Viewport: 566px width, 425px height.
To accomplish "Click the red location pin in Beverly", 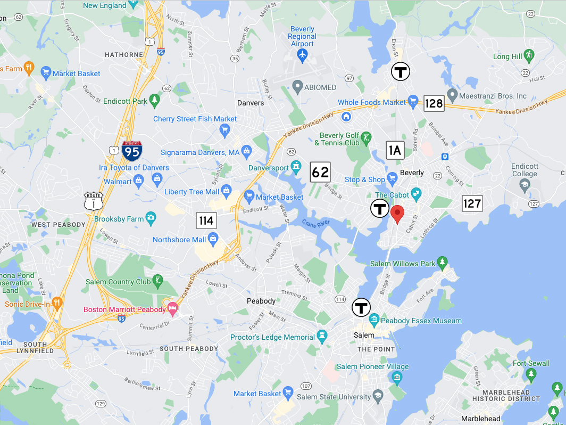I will (x=397, y=214).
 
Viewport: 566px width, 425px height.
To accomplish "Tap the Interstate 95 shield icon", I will (x=131, y=151).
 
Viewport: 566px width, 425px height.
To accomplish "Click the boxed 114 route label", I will (x=206, y=220).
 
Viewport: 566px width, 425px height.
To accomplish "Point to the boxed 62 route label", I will (x=320, y=172).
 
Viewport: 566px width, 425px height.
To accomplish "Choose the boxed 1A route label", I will (x=394, y=150).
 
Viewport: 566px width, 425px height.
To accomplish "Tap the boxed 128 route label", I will (x=434, y=103).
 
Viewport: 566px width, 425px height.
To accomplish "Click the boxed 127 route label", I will (x=472, y=203).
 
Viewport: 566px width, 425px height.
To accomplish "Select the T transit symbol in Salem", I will (x=362, y=307).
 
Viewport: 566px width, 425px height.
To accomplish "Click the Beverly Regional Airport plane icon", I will (x=302, y=54).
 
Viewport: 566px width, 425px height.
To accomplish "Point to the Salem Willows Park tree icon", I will (x=442, y=263).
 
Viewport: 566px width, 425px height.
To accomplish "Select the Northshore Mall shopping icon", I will (x=214, y=240).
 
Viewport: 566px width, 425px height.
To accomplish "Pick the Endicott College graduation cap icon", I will (x=525, y=184).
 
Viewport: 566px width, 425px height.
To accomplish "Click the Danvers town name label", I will (x=250, y=103).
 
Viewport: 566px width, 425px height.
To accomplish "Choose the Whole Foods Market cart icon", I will (x=412, y=102).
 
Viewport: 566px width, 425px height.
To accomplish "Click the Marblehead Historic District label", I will (x=506, y=395).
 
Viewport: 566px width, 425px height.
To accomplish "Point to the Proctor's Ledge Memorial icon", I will (x=322, y=337).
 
